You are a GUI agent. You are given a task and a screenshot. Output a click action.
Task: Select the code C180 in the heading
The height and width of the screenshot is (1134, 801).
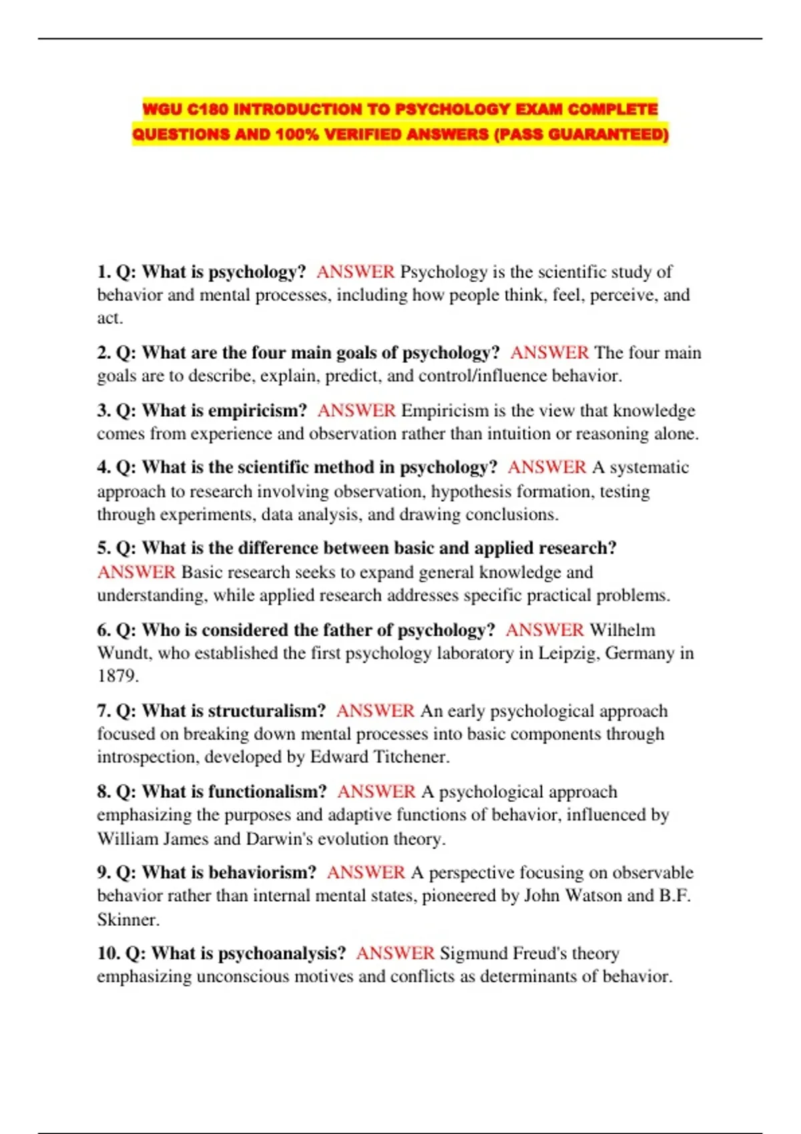(x=208, y=109)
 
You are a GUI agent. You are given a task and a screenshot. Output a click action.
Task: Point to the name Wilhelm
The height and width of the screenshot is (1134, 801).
(x=622, y=630)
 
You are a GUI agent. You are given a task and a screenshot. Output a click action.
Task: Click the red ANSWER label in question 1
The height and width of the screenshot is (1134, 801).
(x=355, y=272)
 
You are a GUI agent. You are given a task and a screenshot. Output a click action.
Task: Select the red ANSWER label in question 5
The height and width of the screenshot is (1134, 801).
(x=136, y=572)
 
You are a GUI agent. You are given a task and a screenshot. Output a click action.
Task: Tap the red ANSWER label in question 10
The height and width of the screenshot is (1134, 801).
(x=395, y=953)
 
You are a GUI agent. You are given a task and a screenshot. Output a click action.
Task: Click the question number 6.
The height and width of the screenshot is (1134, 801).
(x=103, y=630)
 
